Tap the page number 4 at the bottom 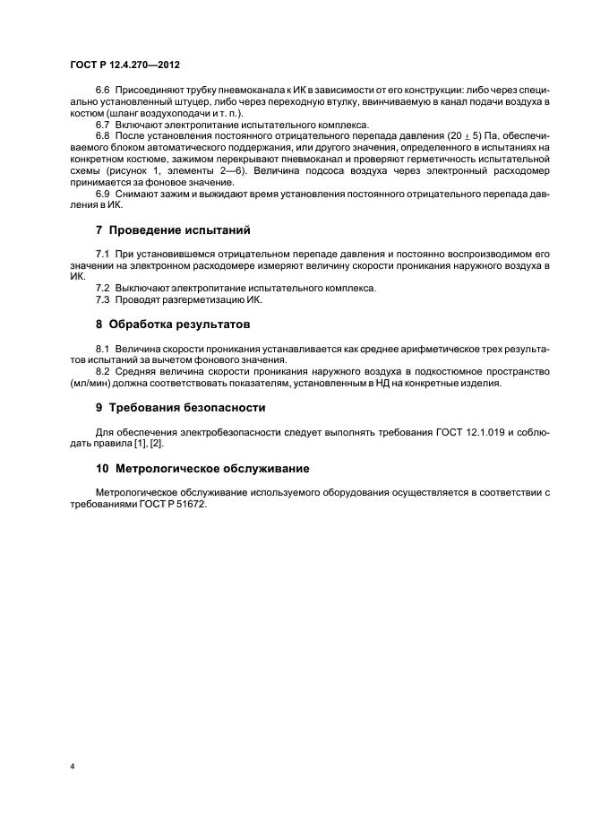tap(73, 767)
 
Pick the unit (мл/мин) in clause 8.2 tap(90, 385)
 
